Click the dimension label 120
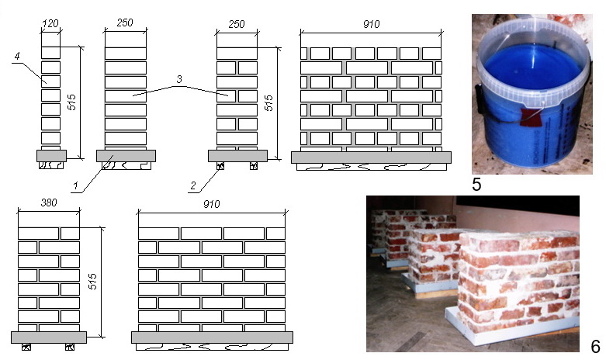50,24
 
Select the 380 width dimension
49,202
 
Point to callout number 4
17,57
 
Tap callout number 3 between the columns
179,80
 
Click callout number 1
76,185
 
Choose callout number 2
193,185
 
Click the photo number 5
476,185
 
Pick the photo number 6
596,347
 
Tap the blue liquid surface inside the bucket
533,66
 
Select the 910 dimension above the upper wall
372,24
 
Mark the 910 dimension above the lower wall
211,204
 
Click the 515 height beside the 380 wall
93,282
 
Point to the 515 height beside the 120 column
72,102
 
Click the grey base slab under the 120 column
52,156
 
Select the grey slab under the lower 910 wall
212,337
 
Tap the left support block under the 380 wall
26,347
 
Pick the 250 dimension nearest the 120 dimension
125,22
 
